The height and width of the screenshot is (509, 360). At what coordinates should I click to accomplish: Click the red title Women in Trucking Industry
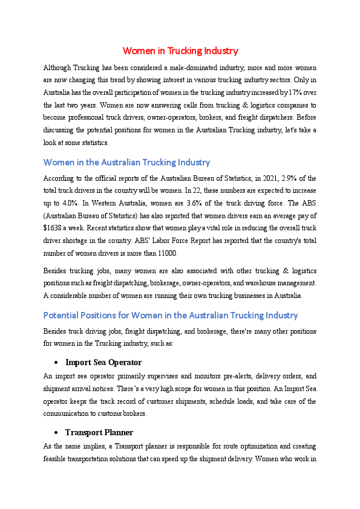click(180, 51)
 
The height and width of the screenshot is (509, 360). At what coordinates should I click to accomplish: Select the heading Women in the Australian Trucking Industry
click(126, 162)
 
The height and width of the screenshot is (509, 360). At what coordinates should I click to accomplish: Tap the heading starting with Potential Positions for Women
click(171, 315)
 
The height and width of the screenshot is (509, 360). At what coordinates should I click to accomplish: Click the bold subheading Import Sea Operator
click(103, 362)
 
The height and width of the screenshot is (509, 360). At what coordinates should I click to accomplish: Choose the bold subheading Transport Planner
click(99, 432)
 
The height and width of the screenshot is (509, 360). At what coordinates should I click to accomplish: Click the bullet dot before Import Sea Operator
click(56, 363)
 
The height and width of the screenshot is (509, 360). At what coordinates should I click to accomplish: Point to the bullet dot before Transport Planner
click(56, 433)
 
